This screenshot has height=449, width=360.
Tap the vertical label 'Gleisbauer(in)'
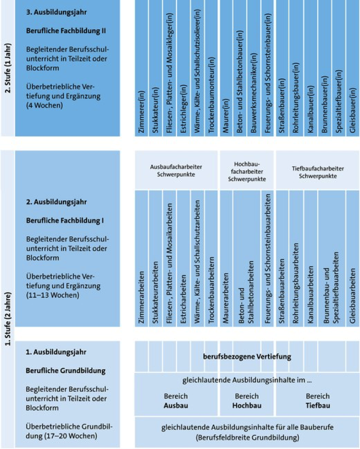click(353, 111)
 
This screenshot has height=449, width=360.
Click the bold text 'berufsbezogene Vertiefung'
click(247, 356)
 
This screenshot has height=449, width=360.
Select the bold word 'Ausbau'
click(176, 405)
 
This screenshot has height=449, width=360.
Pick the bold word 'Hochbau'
click(247, 405)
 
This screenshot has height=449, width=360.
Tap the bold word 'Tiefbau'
click(318, 405)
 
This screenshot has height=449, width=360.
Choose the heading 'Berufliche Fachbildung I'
click(65, 219)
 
